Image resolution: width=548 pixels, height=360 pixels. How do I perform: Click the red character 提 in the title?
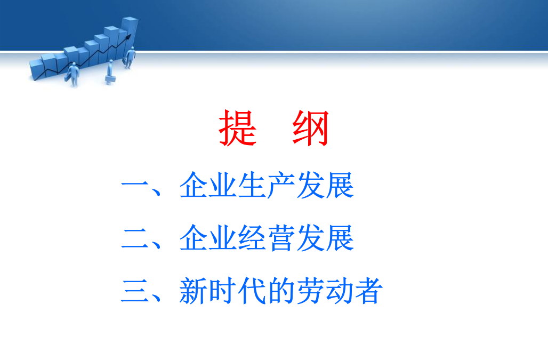click(238, 128)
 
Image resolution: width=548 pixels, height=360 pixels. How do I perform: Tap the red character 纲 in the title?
click(311, 128)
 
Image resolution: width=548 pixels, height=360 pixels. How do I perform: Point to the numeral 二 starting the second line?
click(135, 239)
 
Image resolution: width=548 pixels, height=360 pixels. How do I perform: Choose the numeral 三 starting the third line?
click(135, 291)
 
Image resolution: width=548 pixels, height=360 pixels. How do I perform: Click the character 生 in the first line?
click(252, 185)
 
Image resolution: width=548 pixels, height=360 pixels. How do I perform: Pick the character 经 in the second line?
click(252, 238)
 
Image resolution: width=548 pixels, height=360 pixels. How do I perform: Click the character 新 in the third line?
click(194, 291)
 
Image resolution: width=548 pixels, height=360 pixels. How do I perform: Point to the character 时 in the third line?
click(222, 291)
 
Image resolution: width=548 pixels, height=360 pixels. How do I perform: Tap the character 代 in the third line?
click(252, 291)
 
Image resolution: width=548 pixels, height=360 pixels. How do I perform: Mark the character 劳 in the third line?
click(310, 291)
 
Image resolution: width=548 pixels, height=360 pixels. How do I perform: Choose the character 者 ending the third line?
click(368, 291)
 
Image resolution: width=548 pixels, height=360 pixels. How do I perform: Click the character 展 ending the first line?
click(340, 185)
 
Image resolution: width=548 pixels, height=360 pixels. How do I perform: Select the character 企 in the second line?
click(194, 238)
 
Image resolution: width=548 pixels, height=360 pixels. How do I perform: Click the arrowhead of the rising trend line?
click(128, 37)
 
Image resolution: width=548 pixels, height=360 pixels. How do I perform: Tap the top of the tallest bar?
click(130, 19)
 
